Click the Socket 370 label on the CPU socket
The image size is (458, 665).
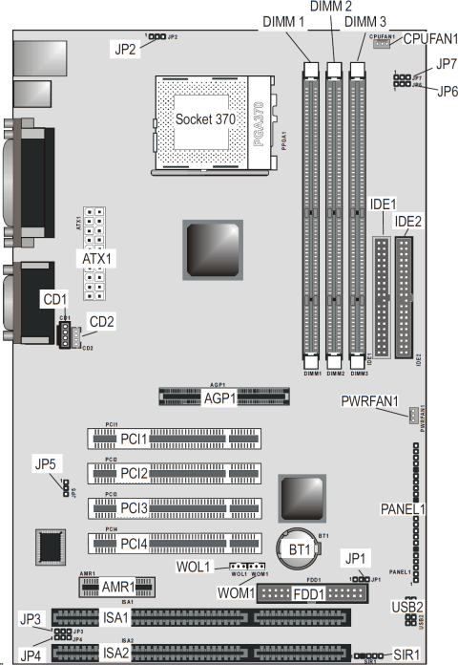tap(207, 119)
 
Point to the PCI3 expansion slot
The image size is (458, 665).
tap(172, 507)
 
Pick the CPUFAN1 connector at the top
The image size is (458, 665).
tap(381, 43)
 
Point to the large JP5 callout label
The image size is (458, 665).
tap(47, 465)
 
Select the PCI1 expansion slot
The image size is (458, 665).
tap(172, 439)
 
